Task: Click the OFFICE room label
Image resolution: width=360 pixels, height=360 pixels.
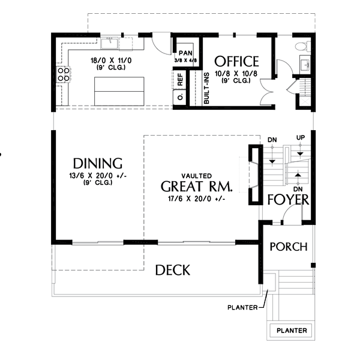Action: pyautogui.click(x=236, y=61)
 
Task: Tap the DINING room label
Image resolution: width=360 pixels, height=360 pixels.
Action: pyautogui.click(x=98, y=163)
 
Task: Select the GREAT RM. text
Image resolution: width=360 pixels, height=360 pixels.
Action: pyautogui.click(x=196, y=185)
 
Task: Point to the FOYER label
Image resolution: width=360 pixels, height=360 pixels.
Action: pyautogui.click(x=288, y=200)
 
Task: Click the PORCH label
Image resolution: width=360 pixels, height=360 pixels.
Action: pyautogui.click(x=288, y=247)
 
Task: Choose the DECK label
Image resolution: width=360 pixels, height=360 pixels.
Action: pyautogui.click(x=172, y=270)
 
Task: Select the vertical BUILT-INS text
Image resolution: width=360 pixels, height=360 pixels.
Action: pyautogui.click(x=206, y=88)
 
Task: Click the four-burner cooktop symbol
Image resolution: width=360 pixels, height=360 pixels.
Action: pyautogui.click(x=62, y=75)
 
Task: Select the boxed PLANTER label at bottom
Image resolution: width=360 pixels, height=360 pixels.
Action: pyautogui.click(x=291, y=331)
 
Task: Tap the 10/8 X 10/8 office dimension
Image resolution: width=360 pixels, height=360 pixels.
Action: pyautogui.click(x=236, y=73)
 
